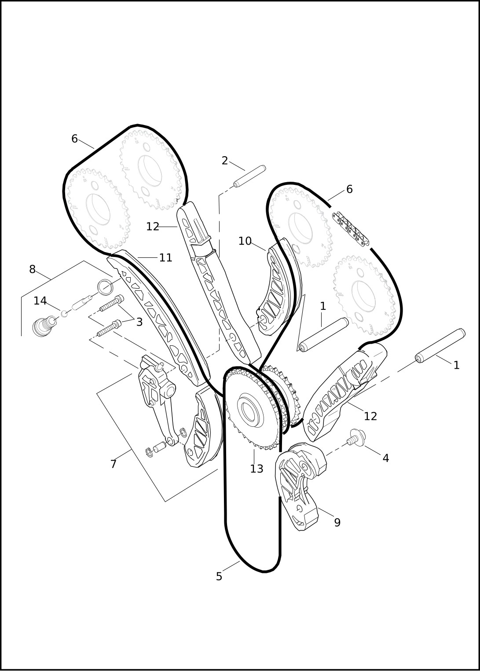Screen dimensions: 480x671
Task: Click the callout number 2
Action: click(x=224, y=161)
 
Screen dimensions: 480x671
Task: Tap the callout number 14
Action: click(x=40, y=301)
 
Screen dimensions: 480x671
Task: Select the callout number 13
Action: click(x=256, y=469)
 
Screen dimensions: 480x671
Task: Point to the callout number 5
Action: click(x=219, y=577)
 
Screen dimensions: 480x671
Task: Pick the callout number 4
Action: click(x=386, y=458)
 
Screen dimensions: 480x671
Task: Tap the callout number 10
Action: click(x=245, y=241)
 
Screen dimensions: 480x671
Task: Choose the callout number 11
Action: click(x=165, y=257)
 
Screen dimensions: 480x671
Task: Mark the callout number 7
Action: click(x=113, y=464)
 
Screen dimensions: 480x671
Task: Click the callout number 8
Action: click(x=33, y=269)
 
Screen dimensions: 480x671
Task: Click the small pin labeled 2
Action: click(x=250, y=176)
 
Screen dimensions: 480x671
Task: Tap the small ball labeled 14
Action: click(x=64, y=314)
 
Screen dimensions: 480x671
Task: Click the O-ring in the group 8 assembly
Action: click(x=105, y=286)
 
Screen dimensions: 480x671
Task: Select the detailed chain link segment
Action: click(x=350, y=229)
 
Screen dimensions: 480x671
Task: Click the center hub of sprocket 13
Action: click(x=249, y=411)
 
